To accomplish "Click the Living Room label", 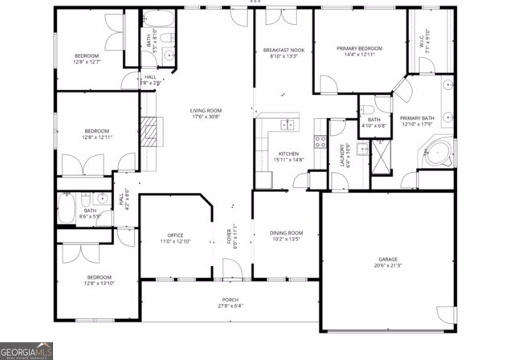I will (206, 111).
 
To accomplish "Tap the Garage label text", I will (388, 260).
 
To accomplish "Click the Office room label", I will (175, 235).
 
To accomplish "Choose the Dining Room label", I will (286, 232).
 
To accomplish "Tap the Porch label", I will (230, 300).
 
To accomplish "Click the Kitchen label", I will (288, 153).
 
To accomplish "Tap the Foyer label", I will (229, 235).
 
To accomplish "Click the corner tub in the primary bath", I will (439, 152).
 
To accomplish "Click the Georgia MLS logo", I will (27, 350).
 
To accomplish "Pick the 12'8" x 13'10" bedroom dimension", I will (100, 284).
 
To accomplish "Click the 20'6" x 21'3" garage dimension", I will (388, 266).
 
